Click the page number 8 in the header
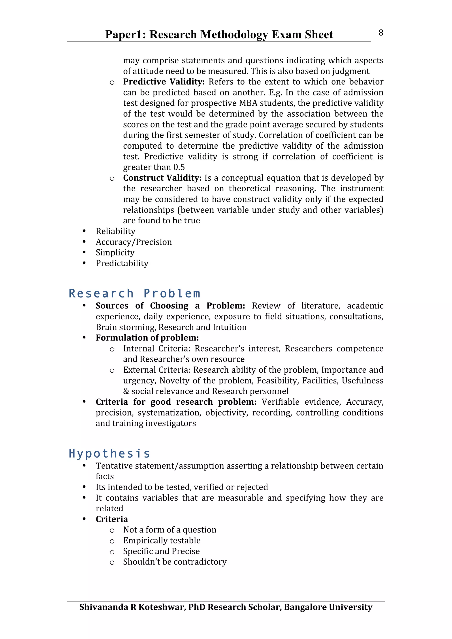(381, 33)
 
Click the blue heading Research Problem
(134, 294)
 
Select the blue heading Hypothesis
(109, 454)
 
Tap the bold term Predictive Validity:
(164, 82)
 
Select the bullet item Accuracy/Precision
(134, 242)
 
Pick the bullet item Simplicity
(115, 253)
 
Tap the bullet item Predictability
(122, 263)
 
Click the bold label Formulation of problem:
(147, 338)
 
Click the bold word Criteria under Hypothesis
(112, 519)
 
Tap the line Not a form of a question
(169, 530)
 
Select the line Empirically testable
(162, 540)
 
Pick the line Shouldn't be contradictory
(175, 562)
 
